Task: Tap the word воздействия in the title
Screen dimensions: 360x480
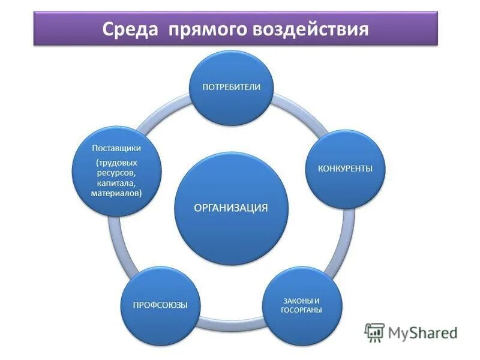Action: (x=313, y=28)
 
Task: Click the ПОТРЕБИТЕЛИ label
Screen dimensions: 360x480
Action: (x=231, y=87)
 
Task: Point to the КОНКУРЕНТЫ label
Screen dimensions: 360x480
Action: (x=345, y=169)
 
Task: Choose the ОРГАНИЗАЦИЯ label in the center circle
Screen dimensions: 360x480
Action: (x=230, y=208)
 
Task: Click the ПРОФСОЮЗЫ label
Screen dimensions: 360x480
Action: (x=160, y=305)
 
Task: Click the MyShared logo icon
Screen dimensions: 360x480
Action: (x=375, y=332)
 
